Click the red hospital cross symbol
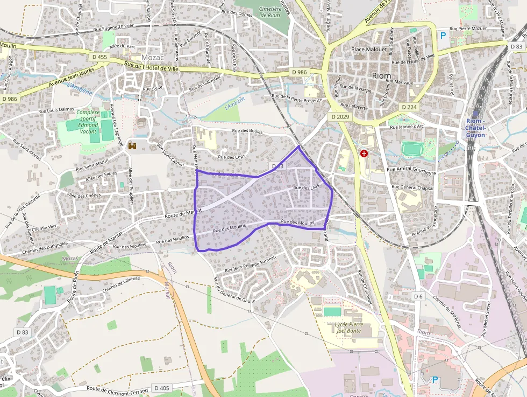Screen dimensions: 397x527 364,154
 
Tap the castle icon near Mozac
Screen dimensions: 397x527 133,145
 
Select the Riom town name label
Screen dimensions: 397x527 381,76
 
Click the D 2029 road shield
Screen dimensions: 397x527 340,116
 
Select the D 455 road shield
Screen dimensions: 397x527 99,57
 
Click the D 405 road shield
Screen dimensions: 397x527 161,387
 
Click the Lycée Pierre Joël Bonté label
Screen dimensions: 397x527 350,328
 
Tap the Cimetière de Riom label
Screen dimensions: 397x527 270,12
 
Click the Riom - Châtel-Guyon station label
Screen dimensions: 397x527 475,128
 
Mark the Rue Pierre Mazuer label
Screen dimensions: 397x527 468,27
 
